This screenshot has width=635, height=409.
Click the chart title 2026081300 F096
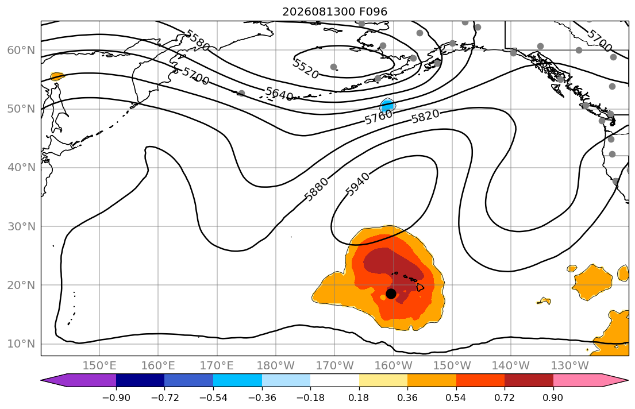pyautogui.click(x=334, y=11)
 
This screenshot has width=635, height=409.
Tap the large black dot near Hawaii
pyautogui.click(x=391, y=294)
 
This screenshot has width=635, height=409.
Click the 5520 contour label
pyautogui.click(x=306, y=68)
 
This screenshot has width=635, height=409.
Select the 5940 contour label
pyautogui.click(x=357, y=184)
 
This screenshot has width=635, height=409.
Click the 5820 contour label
pyautogui.click(x=425, y=117)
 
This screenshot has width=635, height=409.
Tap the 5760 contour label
pyautogui.click(x=379, y=117)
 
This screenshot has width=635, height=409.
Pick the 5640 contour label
pyautogui.click(x=279, y=94)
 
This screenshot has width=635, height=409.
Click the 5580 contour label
pyautogui.click(x=198, y=40)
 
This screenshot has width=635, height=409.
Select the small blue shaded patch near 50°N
pyautogui.click(x=387, y=106)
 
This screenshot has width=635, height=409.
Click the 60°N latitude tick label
pyautogui.click(x=21, y=50)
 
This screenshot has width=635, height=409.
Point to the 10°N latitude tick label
pyautogui.click(x=21, y=344)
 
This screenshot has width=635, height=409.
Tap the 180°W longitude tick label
pyautogui.click(x=276, y=366)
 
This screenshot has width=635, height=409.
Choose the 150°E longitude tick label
pyautogui.click(x=99, y=366)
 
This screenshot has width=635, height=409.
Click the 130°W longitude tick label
pyautogui.click(x=570, y=366)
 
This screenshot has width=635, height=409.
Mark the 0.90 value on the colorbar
pyautogui.click(x=553, y=398)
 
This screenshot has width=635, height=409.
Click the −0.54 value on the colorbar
pyautogui.click(x=213, y=398)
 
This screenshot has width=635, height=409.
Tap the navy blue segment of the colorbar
pyautogui.click(x=140, y=380)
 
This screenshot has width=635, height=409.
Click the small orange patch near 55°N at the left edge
pyautogui.click(x=57, y=76)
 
